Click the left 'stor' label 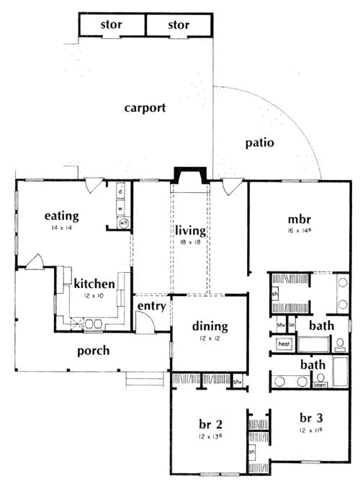[111, 25]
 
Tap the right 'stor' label [179, 25]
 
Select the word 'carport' [145, 108]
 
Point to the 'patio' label [258, 142]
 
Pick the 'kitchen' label [94, 284]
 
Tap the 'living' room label [190, 231]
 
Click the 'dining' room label [210, 326]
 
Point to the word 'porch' [94, 351]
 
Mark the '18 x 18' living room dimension [190, 244]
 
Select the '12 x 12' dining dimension [210, 338]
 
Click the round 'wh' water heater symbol [123, 223]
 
